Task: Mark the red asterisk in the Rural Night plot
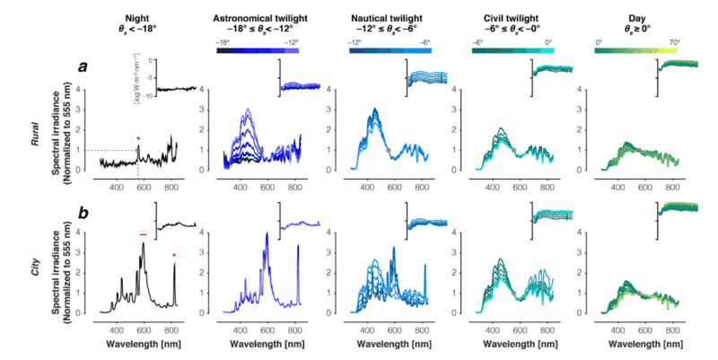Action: pos(138,138)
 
